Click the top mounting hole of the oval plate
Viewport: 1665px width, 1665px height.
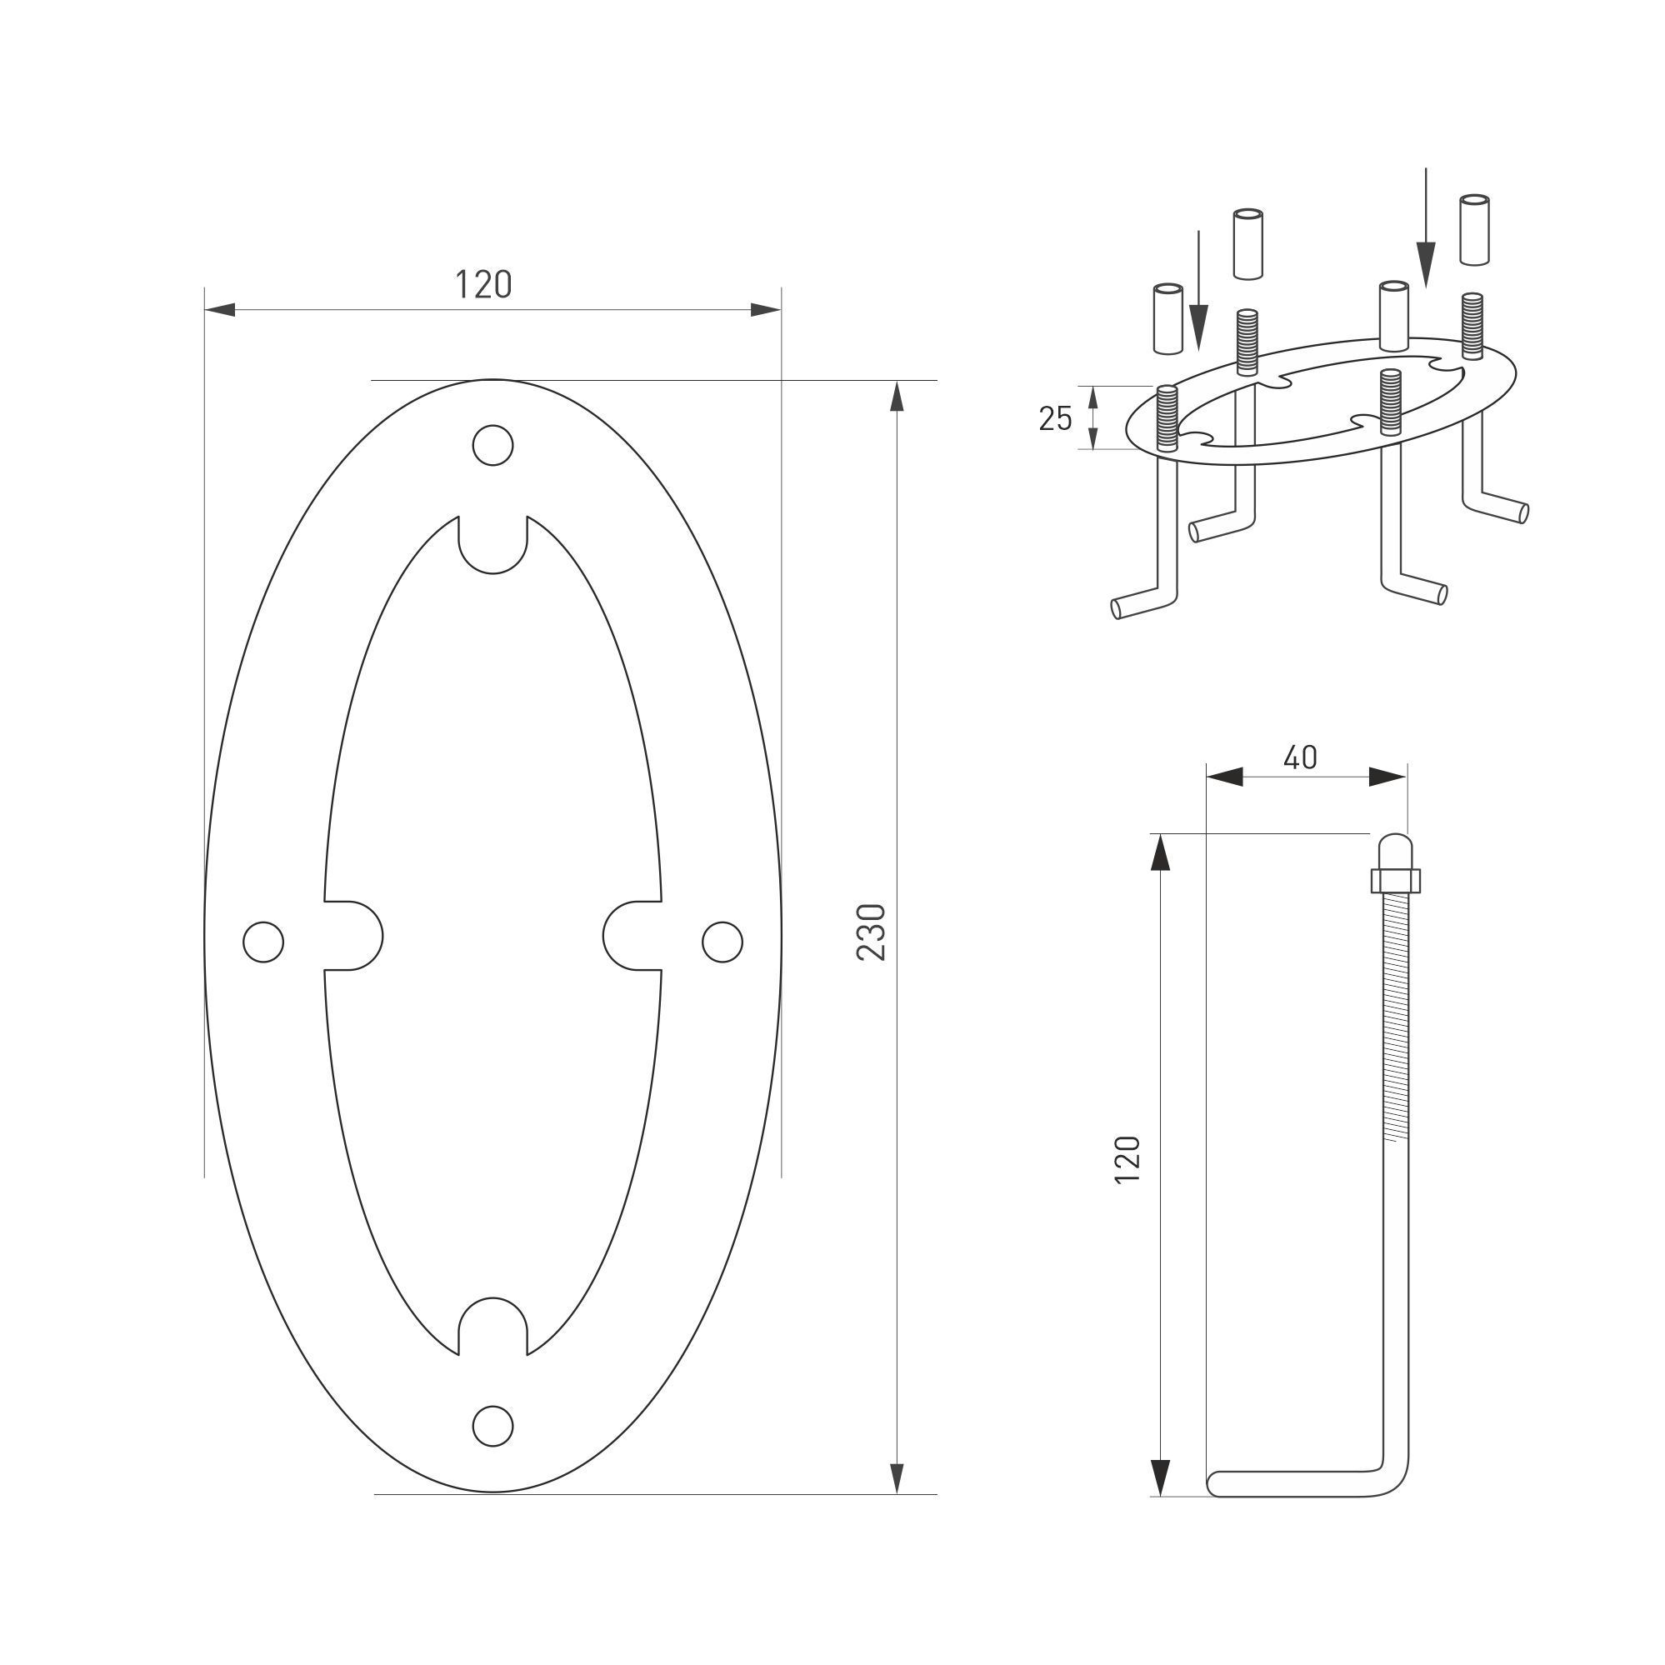click(493, 445)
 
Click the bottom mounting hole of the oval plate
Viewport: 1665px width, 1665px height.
click(493, 1426)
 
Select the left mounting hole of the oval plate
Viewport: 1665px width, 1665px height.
click(263, 941)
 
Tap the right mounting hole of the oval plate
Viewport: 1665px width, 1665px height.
click(722, 941)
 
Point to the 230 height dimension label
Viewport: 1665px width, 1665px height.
click(872, 932)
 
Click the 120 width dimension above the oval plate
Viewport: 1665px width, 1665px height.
click(483, 285)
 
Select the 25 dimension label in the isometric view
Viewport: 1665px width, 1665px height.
click(1055, 419)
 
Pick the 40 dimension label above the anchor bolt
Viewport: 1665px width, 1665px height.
click(1301, 757)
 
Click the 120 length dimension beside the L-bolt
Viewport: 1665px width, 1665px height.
click(1127, 1160)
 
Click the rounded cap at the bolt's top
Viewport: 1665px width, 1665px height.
click(1393, 849)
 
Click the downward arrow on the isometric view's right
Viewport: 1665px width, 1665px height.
click(1427, 250)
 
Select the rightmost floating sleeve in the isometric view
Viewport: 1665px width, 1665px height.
click(1474, 229)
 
